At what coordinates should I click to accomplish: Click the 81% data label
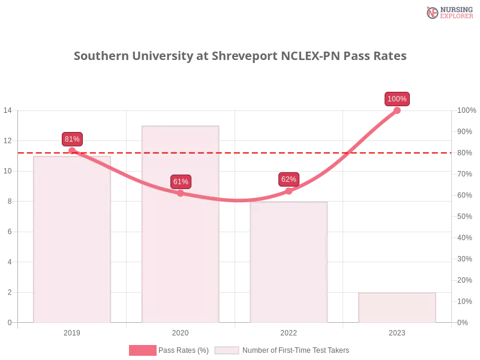point(72,139)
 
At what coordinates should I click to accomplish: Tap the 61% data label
point(181,182)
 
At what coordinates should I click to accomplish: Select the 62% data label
point(289,179)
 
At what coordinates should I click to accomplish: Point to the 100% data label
point(397,99)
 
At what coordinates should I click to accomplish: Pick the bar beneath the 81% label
point(72,240)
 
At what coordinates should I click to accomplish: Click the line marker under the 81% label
point(72,151)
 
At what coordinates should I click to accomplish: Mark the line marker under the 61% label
point(180,193)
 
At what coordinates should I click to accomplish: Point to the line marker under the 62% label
point(289,191)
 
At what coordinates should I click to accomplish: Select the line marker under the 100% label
point(397,110)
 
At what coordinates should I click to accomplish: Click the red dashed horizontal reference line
point(240,152)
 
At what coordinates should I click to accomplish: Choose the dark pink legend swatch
point(142,350)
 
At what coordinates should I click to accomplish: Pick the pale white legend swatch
point(227,350)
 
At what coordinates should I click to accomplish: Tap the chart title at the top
point(240,56)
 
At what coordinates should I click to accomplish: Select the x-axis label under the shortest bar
point(397,331)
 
